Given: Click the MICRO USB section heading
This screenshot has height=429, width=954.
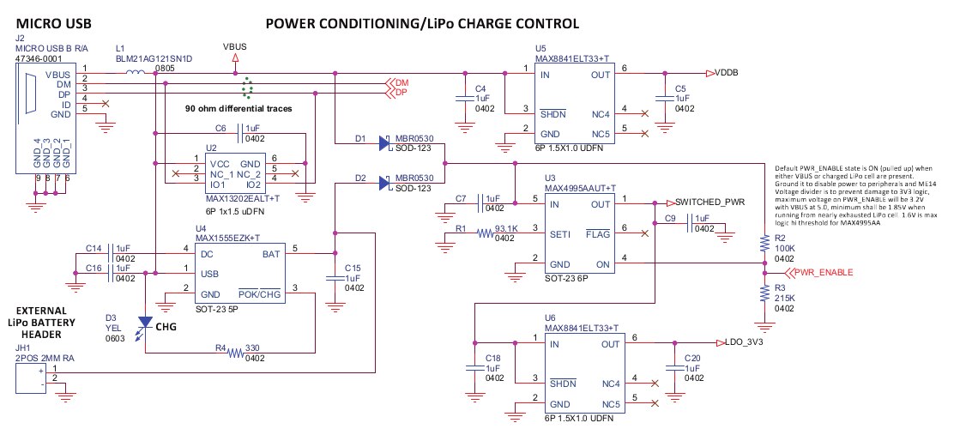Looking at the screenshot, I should (50, 24).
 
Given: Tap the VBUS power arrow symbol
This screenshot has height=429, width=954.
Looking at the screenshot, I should (235, 57).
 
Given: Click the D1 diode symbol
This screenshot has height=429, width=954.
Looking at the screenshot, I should (382, 144).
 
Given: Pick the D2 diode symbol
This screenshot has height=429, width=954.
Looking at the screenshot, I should (382, 183).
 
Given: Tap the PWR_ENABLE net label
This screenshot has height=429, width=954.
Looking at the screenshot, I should (822, 273).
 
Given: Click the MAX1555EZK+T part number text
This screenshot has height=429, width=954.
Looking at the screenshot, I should (226, 238).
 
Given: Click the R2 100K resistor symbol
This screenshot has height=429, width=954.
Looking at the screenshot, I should (764, 245).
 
